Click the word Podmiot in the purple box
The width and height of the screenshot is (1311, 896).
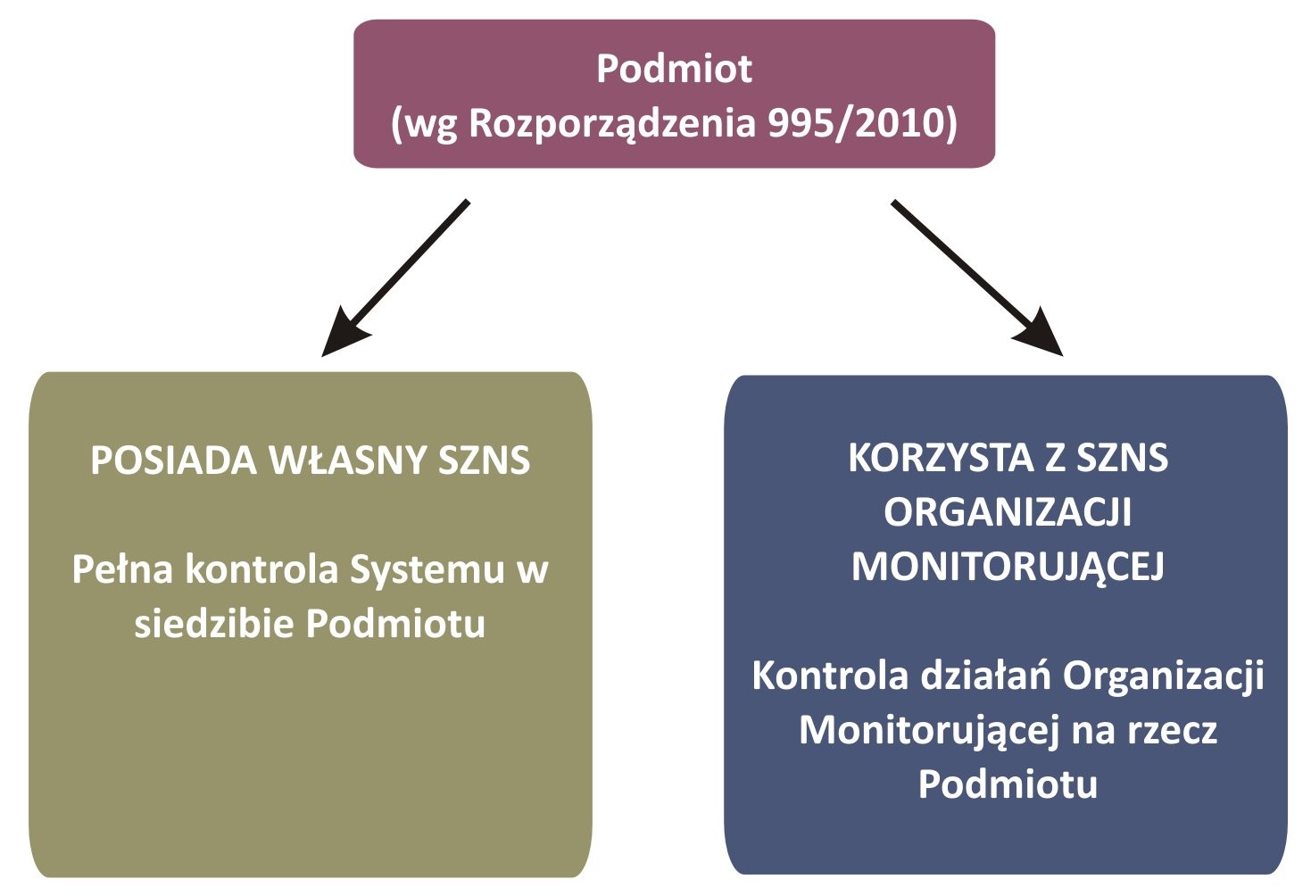tap(674, 69)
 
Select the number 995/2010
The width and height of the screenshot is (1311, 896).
tap(856, 123)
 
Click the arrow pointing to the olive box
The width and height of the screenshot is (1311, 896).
tap(395, 278)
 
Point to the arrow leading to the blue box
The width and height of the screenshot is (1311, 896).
tap(977, 278)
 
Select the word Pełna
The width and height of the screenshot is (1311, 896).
tap(122, 568)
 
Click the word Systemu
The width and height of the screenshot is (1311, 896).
tap(427, 571)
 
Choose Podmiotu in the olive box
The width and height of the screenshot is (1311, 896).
tap(395, 623)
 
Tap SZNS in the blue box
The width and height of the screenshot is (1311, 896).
tap(1122, 458)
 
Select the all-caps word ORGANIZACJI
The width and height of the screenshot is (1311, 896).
tap(1008, 512)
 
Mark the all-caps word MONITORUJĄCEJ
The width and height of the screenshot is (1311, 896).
tap(1008, 568)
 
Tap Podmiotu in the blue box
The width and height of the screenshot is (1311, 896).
tap(1008, 784)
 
